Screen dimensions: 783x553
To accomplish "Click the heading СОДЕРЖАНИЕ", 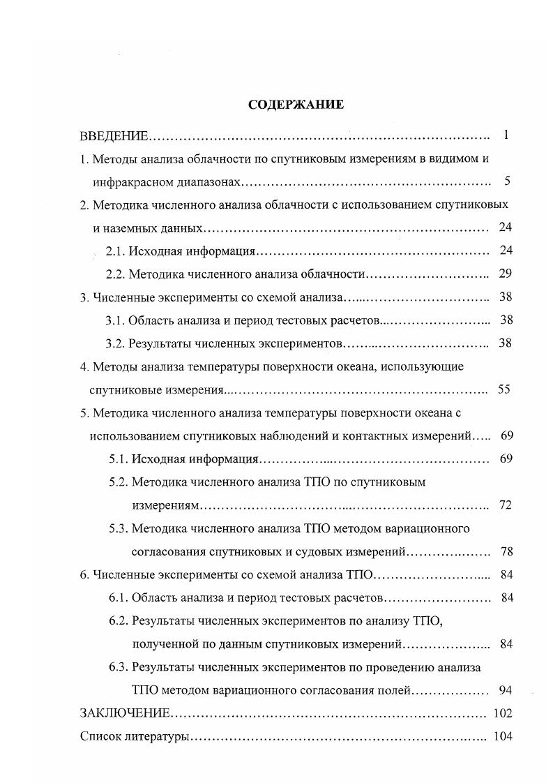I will [x=296, y=105].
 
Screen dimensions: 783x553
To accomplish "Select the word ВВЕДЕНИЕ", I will [x=114, y=135].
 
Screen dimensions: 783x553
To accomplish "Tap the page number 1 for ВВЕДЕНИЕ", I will [x=506, y=135].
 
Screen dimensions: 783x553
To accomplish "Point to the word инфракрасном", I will [x=128, y=181].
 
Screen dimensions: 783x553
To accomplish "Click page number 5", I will [x=507, y=181].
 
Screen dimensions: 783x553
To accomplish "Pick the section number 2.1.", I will [x=115, y=251].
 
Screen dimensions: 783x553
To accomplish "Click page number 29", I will [x=506, y=274].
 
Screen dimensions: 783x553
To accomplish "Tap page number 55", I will [x=504, y=389].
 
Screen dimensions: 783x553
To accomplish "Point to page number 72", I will [x=506, y=505].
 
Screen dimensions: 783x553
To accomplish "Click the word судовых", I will [x=304, y=551].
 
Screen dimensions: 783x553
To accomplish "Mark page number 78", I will [x=506, y=551].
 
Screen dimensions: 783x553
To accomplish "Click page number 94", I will [x=506, y=690].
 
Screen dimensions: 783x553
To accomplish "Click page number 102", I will [x=502, y=713].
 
